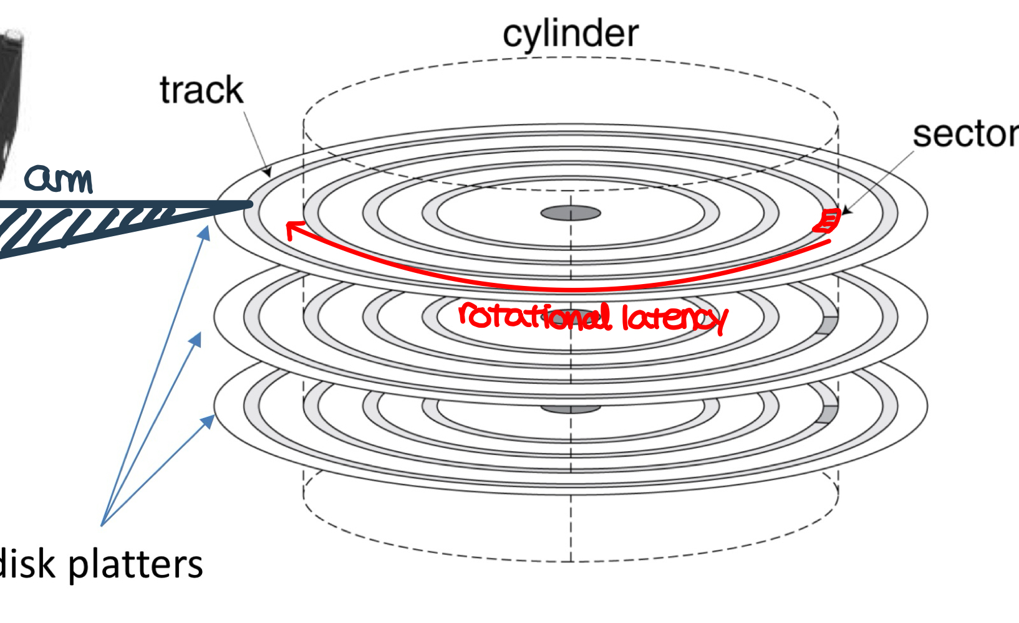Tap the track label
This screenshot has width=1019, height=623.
pyautogui.click(x=201, y=90)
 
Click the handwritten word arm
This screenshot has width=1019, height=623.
pyautogui.click(x=59, y=179)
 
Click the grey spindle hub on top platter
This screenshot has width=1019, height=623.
pyautogui.click(x=571, y=214)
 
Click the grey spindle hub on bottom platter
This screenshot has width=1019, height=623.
pyautogui.click(x=571, y=409)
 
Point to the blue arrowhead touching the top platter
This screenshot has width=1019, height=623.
pyautogui.click(x=204, y=233)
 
